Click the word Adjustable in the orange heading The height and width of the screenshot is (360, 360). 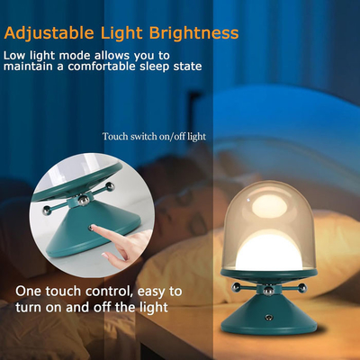coord(49,33)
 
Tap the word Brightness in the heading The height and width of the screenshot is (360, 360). coord(193,32)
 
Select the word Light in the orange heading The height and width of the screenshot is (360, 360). coord(121,33)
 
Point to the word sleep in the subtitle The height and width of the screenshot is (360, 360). coord(155,67)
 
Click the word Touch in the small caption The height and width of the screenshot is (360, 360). coord(115,137)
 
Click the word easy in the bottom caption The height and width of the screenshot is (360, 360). coord(152,292)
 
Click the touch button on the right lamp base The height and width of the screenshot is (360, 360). coord(269,317)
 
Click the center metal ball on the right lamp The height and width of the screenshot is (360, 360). coord(268,291)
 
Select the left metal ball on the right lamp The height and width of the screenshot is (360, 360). coord(236,288)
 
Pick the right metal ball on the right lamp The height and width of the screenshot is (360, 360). coord(302,288)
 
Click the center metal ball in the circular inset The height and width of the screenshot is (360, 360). coord(84,200)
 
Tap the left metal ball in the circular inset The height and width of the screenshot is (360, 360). coord(47,211)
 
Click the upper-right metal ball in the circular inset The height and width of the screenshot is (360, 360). coord(110,186)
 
